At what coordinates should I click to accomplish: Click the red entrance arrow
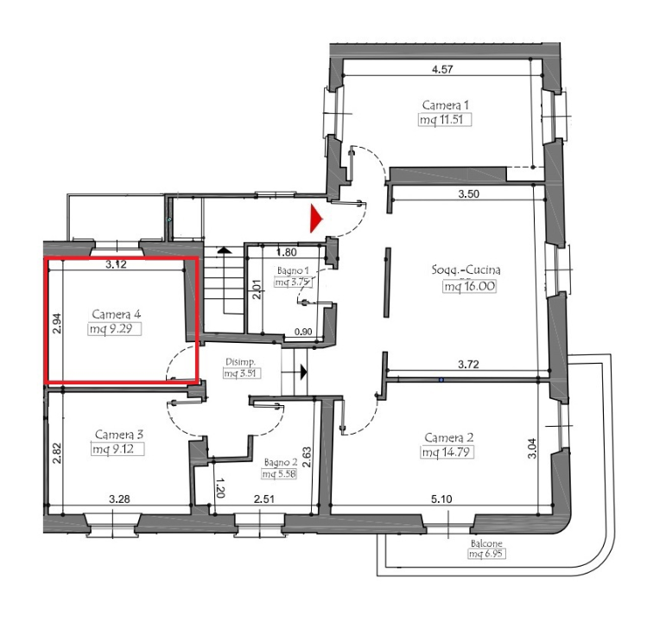[316, 219]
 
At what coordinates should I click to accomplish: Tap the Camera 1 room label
[445, 105]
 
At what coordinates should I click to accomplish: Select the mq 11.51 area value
[445, 119]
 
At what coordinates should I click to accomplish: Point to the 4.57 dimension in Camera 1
[442, 69]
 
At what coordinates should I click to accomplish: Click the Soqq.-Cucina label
[466, 270]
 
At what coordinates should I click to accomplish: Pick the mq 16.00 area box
[469, 286]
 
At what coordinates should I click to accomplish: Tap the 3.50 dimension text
[468, 194]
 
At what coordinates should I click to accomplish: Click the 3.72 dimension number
[468, 364]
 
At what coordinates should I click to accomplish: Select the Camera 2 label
[448, 438]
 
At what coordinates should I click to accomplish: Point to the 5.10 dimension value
[441, 498]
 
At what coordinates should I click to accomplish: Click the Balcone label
[486, 543]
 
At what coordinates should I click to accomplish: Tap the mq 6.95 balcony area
[486, 554]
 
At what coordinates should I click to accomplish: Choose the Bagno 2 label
[281, 463]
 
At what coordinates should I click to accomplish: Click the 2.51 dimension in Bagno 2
[263, 498]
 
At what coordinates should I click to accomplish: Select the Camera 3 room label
[119, 435]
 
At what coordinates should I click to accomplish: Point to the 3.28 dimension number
[119, 498]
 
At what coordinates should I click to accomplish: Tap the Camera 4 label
[116, 314]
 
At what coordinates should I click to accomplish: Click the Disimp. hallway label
[240, 363]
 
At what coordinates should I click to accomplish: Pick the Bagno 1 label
[293, 270]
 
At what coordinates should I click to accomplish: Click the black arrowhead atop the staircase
[223, 250]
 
